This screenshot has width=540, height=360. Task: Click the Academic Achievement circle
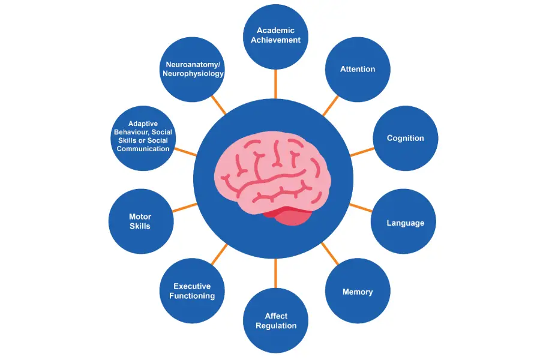pos(275,35)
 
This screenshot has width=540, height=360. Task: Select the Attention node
pos(358,69)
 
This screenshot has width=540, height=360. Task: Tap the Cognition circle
pos(405,138)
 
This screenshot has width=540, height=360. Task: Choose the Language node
pos(405,223)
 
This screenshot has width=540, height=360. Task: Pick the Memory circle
pos(358,292)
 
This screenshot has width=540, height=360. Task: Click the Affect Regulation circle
pos(275,320)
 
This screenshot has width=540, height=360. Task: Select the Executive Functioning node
pos(192,292)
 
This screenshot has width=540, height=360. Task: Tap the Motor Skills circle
pos(140,221)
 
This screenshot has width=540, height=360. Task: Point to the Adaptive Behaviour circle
pos(143,137)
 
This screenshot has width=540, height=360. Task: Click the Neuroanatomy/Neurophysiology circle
pos(193,69)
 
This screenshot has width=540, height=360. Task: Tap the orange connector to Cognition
pos(361,152)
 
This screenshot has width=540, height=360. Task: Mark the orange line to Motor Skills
pos(185,208)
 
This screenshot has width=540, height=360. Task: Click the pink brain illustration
pos(264,171)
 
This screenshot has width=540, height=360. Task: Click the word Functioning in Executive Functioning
pos(192,296)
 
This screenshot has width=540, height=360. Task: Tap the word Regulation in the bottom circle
pos(276,325)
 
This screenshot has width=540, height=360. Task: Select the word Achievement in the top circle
pos(275,40)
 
